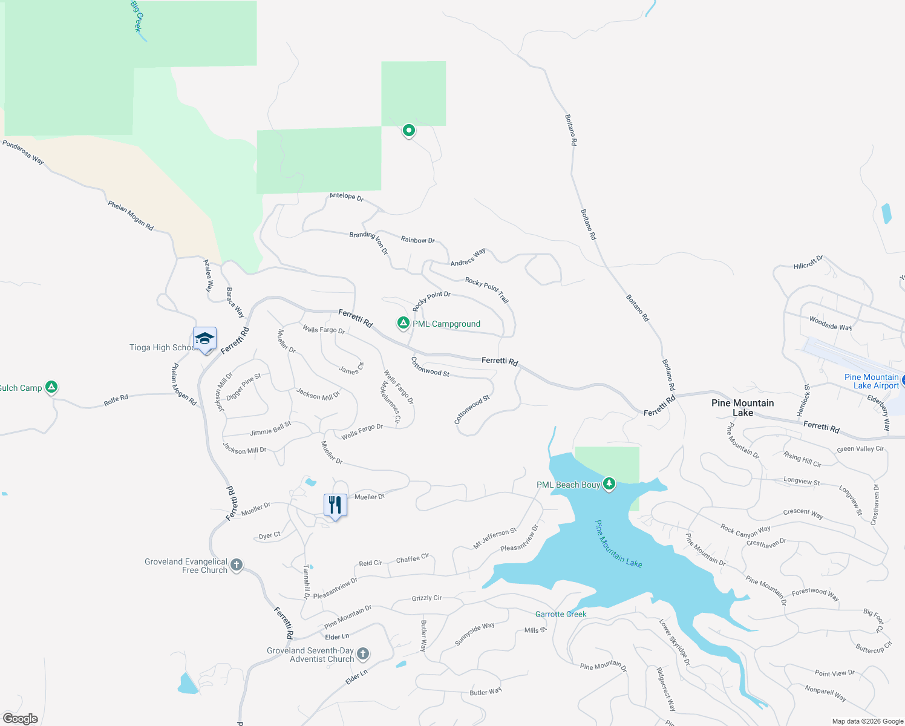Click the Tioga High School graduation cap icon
(x=204, y=339)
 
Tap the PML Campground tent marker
(x=403, y=323)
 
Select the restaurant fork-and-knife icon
(x=335, y=505)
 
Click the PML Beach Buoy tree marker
(x=609, y=484)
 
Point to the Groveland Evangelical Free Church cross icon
(x=237, y=565)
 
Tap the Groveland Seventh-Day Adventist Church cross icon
(x=363, y=653)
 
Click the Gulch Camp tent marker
(x=51, y=387)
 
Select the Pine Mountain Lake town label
(x=742, y=408)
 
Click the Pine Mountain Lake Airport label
(x=871, y=381)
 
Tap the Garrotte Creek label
(x=561, y=614)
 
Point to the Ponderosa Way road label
(x=23, y=152)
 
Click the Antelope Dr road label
(x=346, y=197)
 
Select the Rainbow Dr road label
(x=417, y=240)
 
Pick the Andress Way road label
(x=468, y=258)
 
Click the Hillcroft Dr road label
(x=808, y=263)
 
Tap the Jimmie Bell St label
(x=270, y=429)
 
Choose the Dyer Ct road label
(x=269, y=535)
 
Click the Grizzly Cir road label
(x=426, y=598)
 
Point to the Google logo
(x=21, y=719)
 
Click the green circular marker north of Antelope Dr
(x=409, y=130)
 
